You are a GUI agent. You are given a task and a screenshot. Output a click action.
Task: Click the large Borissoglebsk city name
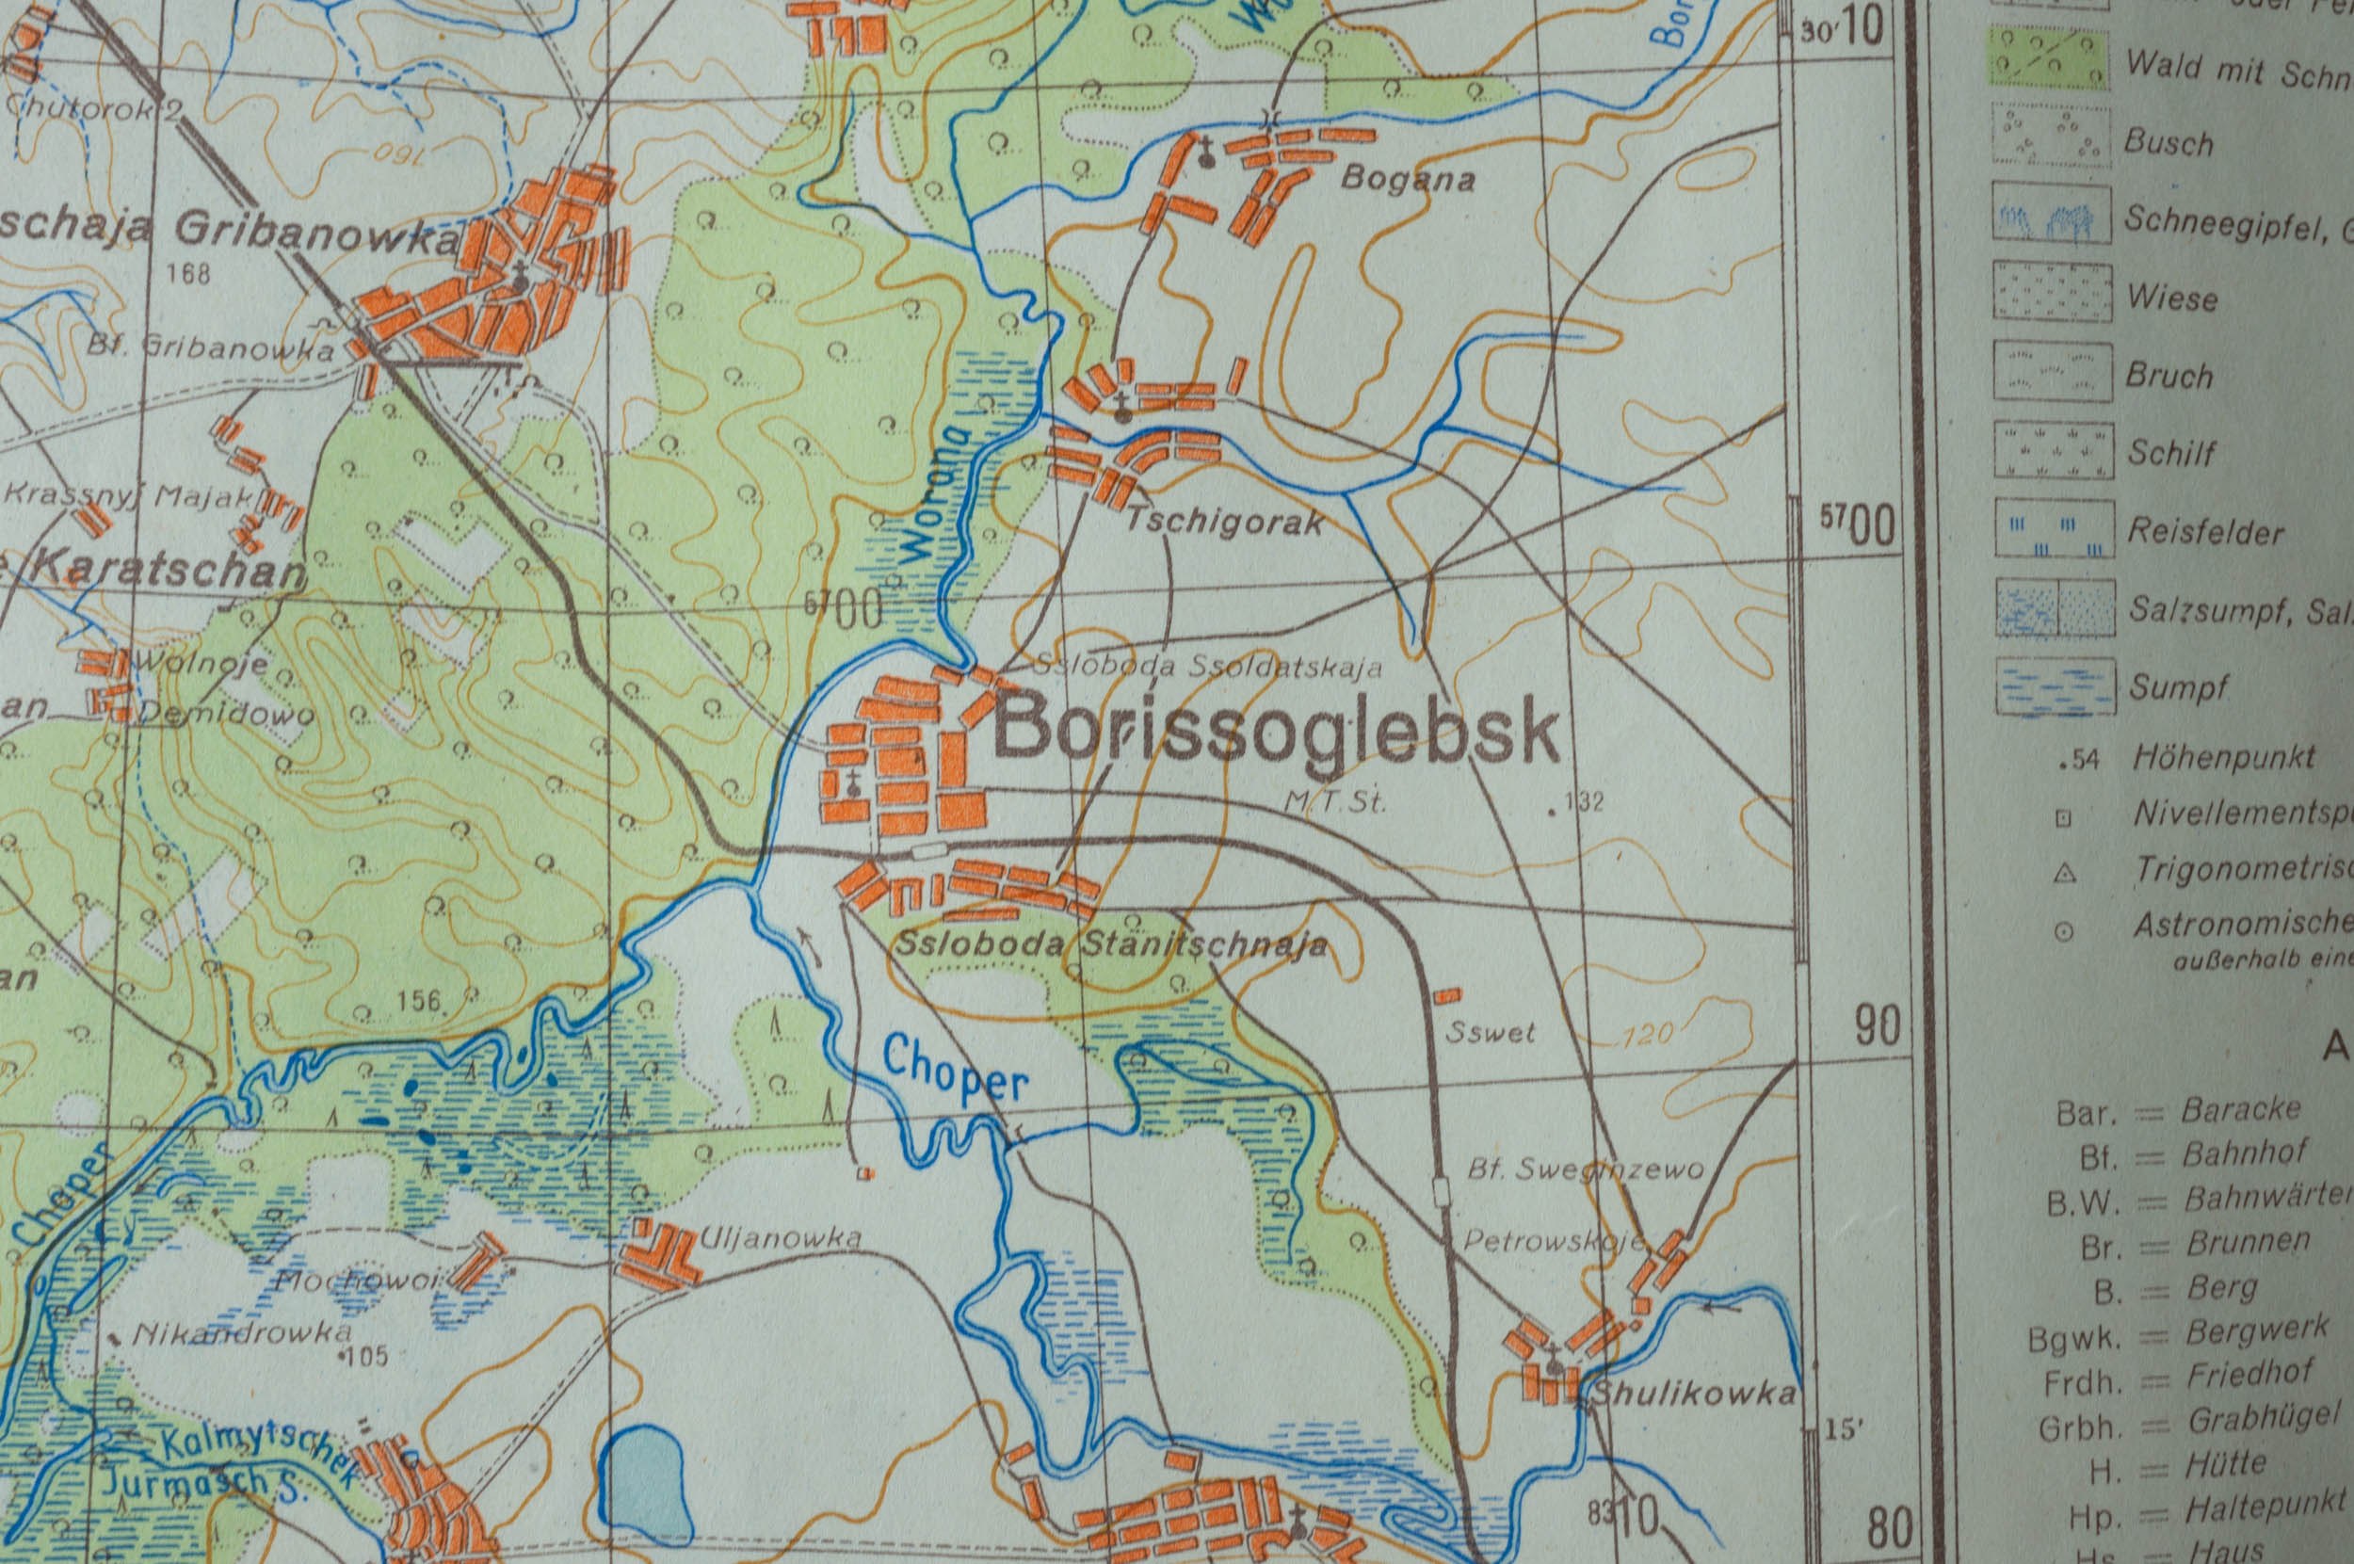pyautogui.click(x=1277, y=734)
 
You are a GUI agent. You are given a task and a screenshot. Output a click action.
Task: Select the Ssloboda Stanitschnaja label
pyautogui.click(x=1111, y=943)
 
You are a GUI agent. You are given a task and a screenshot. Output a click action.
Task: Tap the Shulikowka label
pyautogui.click(x=1692, y=1395)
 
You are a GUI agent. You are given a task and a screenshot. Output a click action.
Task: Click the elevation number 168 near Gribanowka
pyautogui.click(x=189, y=272)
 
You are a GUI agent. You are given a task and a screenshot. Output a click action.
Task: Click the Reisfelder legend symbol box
pyautogui.click(x=2053, y=529)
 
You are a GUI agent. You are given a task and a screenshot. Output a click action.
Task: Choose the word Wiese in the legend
pyautogui.click(x=2171, y=298)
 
